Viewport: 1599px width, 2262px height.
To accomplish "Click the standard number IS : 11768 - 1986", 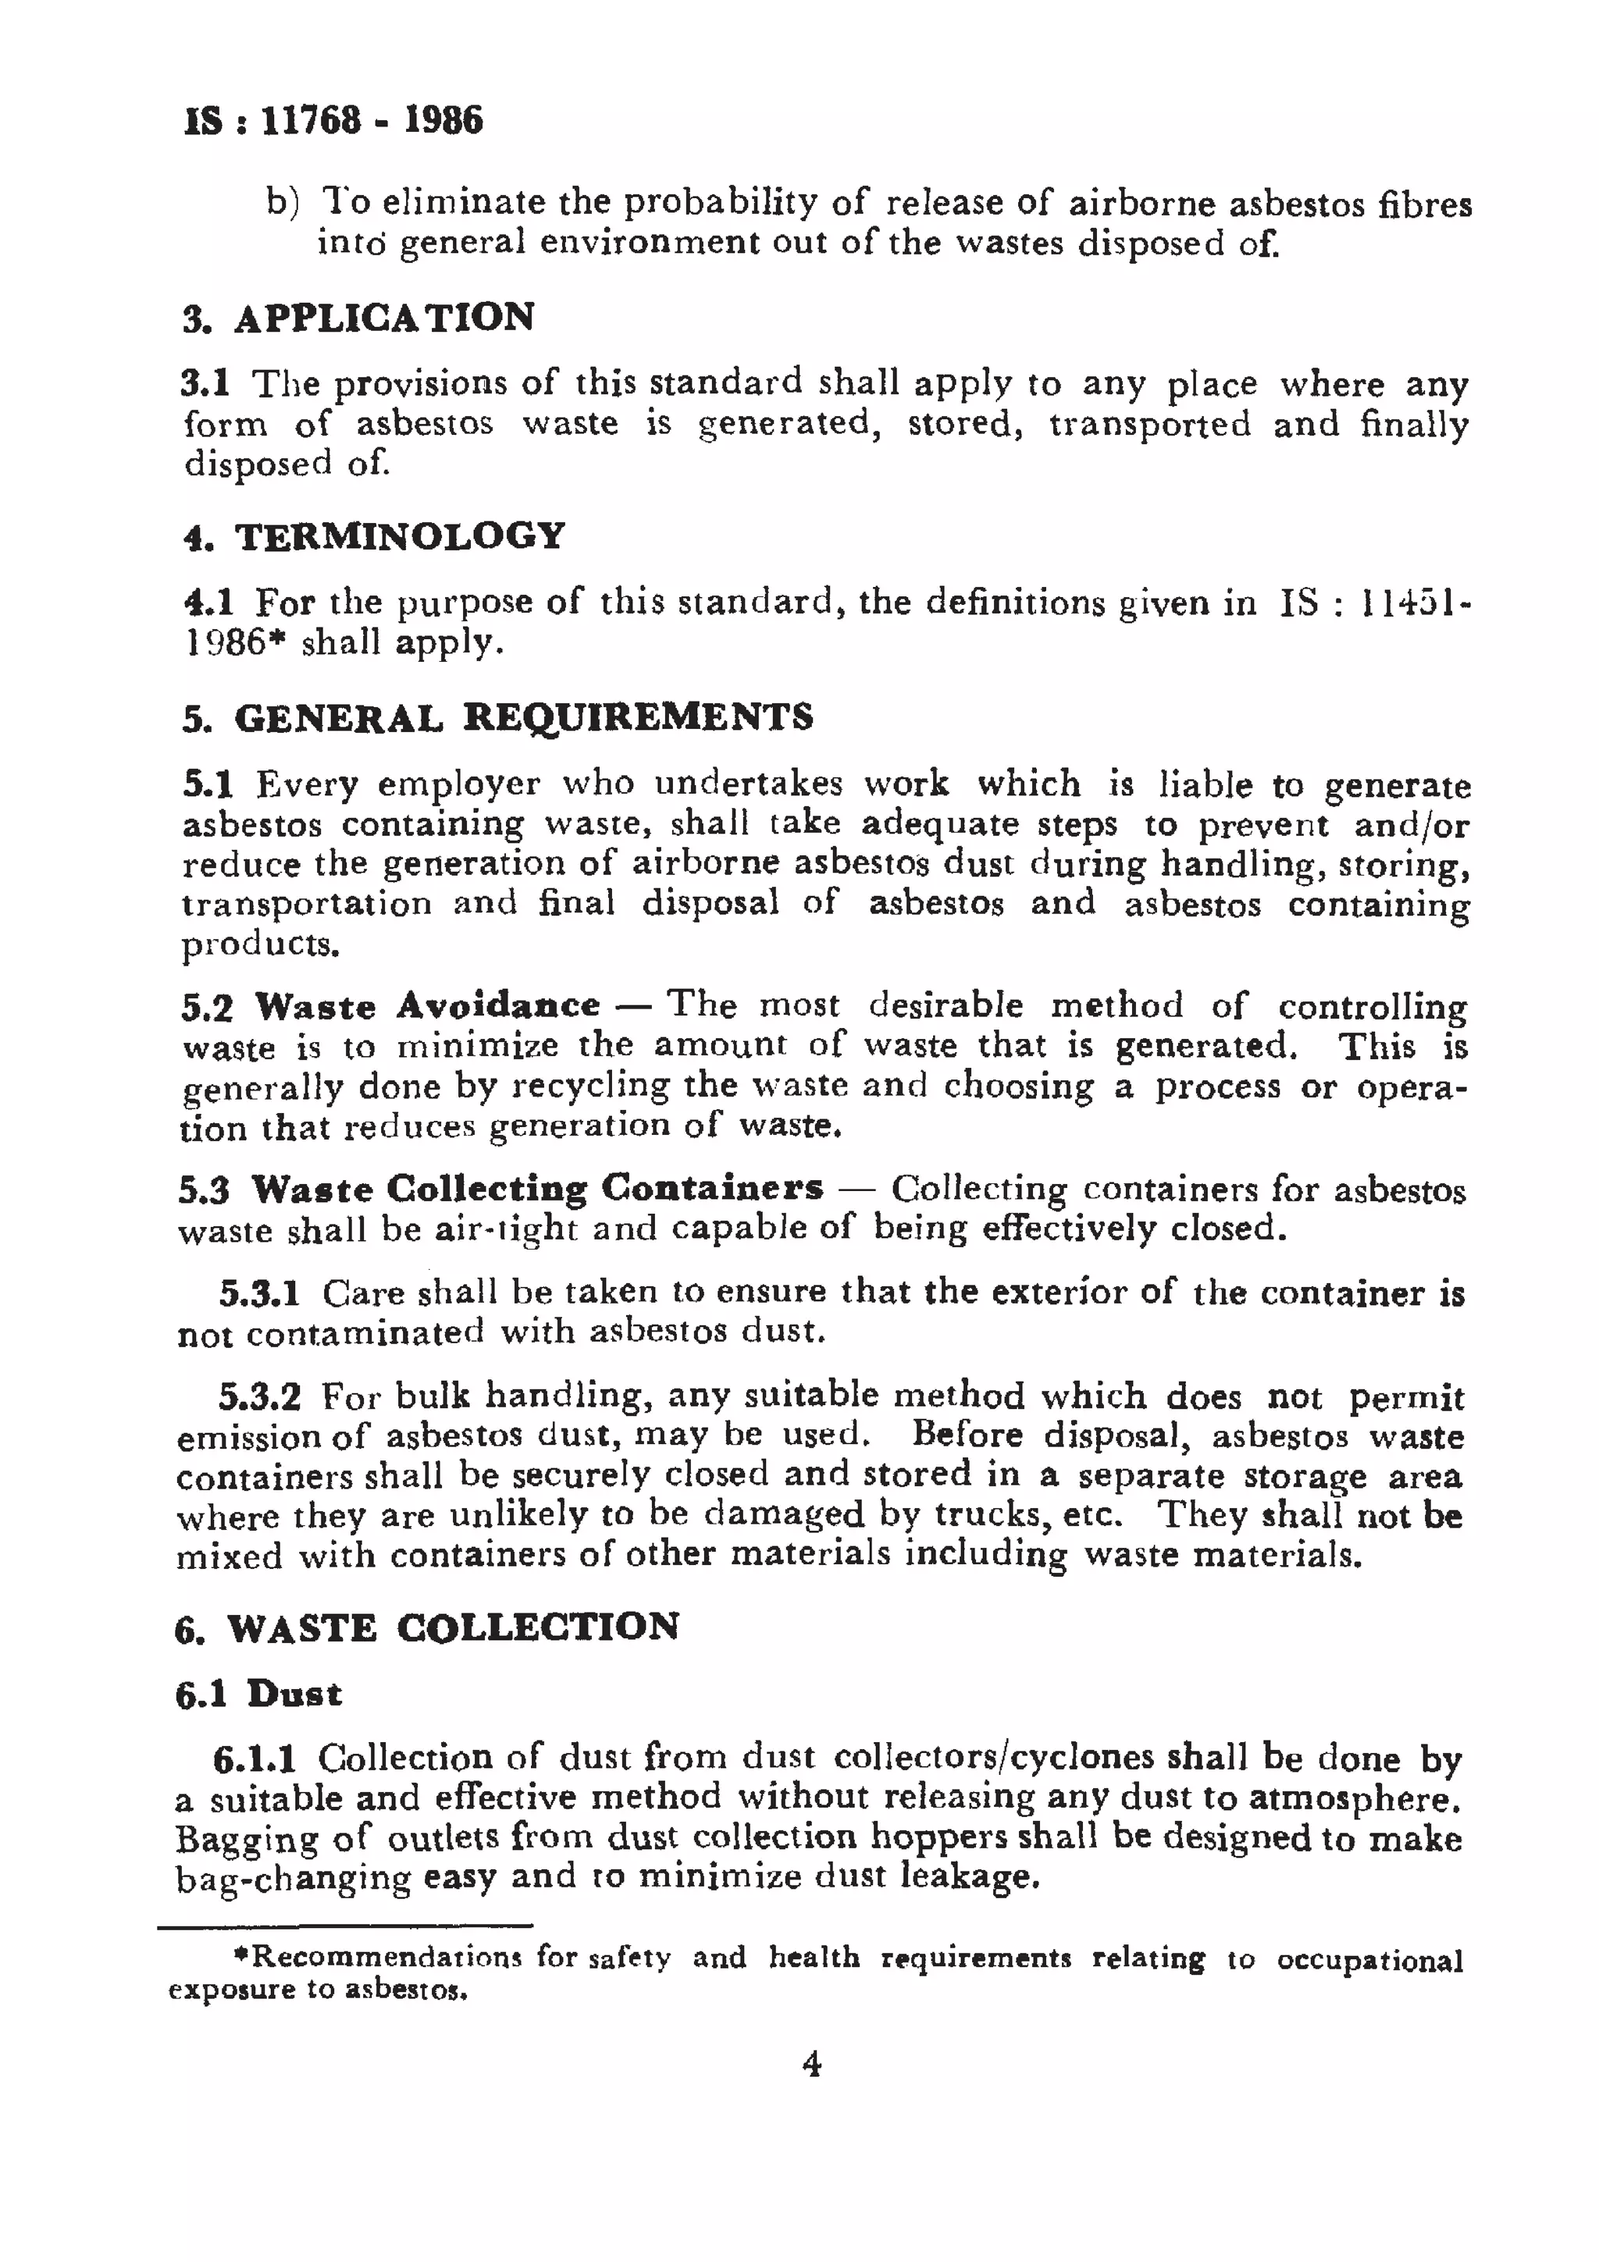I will (333, 121).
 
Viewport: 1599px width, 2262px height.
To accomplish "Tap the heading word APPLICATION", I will (384, 317).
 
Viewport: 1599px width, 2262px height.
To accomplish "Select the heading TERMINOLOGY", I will (399, 536).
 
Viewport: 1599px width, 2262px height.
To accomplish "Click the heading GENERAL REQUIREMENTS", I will (523, 717).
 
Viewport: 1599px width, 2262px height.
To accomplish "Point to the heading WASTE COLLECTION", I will (452, 1627).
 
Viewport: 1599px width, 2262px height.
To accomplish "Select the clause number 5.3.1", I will (259, 1293).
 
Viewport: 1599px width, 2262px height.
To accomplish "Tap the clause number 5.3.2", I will (259, 1397).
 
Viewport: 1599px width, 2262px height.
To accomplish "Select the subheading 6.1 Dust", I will (259, 1695).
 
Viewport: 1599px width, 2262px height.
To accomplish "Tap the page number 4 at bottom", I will (812, 2063).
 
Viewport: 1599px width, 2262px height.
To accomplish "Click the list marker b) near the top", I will (282, 203).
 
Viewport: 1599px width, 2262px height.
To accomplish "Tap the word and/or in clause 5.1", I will (1411, 824).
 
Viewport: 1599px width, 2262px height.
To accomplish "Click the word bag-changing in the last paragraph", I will (293, 1879).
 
